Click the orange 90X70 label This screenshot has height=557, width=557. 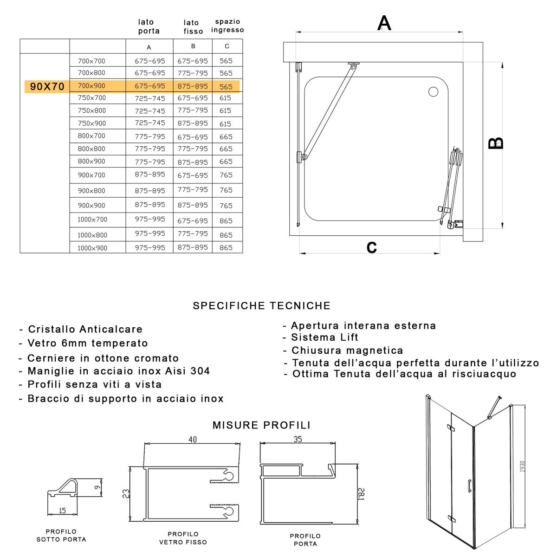click(47, 87)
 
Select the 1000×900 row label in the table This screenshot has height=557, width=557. click(92, 248)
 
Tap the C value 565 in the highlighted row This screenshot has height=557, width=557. click(226, 87)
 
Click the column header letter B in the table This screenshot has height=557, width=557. click(193, 46)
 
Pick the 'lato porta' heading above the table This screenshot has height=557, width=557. click(149, 26)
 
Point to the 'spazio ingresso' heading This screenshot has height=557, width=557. click(227, 26)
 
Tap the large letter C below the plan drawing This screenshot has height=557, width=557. click(371, 247)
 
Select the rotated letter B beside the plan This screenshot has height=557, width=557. click(496, 142)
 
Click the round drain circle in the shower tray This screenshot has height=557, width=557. click(433, 92)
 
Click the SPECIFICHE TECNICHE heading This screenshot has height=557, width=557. click(262, 306)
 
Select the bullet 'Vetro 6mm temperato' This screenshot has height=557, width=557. click(88, 343)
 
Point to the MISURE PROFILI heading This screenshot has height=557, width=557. click(261, 425)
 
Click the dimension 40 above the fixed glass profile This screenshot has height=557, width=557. click(193, 440)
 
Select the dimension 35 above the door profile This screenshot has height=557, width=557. click(298, 439)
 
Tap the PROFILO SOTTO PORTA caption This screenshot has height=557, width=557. click(61, 536)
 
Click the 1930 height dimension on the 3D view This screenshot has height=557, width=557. click(522, 466)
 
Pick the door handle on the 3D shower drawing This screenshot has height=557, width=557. click(470, 485)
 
